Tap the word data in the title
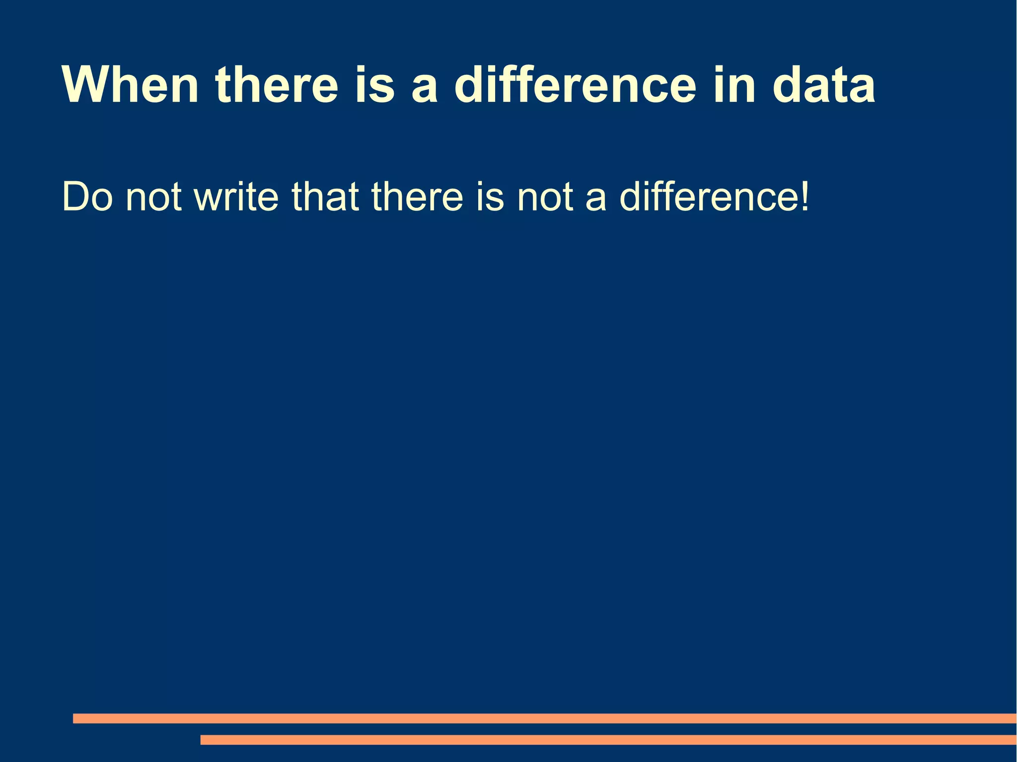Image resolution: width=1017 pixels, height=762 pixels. click(824, 85)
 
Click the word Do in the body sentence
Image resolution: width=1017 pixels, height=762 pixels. click(87, 197)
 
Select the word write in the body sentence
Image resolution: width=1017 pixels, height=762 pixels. click(236, 197)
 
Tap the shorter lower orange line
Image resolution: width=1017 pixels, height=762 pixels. click(608, 740)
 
